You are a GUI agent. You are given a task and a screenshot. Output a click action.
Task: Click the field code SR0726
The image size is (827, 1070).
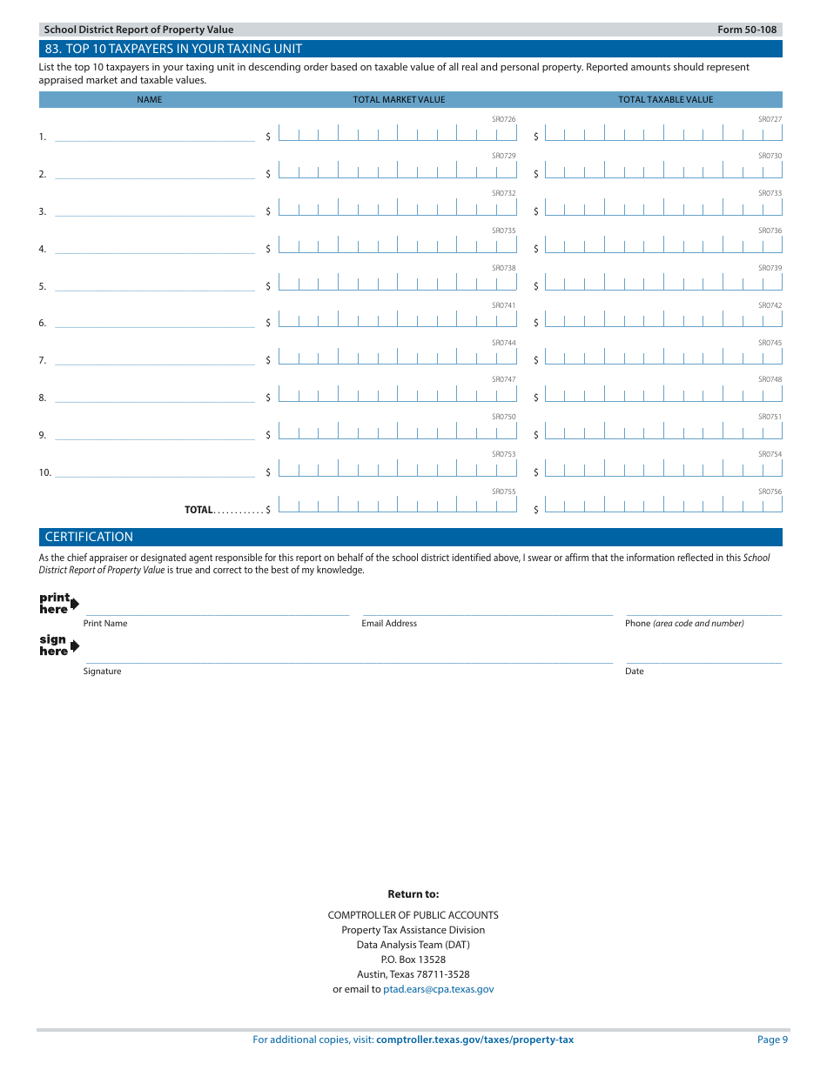click(x=503, y=119)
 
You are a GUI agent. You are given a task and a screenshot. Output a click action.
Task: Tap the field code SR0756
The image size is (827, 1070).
click(x=770, y=492)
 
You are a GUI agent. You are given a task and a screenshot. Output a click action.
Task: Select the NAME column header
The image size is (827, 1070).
click(x=150, y=99)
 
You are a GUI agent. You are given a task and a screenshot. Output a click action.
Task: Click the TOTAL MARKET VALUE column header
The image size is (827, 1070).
click(x=399, y=99)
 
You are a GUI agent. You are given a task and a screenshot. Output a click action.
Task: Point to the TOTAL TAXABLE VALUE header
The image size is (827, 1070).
click(x=665, y=99)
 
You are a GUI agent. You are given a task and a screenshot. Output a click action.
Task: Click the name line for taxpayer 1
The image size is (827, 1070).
click(x=155, y=136)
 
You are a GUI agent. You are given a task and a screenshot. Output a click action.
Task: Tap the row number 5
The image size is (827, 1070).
click(x=42, y=286)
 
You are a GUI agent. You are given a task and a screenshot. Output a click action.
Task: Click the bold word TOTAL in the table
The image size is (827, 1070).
click(x=198, y=510)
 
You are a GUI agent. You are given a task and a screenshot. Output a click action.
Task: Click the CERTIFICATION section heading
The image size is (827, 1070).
click(x=90, y=537)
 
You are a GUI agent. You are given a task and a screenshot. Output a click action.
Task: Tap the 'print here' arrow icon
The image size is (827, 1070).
click(x=74, y=604)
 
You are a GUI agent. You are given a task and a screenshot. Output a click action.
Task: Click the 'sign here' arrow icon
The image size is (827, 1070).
click(x=74, y=645)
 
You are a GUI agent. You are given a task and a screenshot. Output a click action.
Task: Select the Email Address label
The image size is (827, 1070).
click(x=389, y=623)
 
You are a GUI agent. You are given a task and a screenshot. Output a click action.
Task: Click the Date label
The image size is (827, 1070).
click(x=635, y=671)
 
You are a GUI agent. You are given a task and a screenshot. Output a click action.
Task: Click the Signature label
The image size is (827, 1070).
click(x=103, y=671)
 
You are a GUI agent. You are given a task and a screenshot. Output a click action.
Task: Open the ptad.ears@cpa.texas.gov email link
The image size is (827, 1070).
click(x=438, y=989)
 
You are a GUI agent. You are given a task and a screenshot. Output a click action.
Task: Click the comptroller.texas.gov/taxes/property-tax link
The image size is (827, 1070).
click(x=474, y=1040)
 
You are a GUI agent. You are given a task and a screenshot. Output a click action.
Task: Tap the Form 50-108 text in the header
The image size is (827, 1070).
click(x=747, y=30)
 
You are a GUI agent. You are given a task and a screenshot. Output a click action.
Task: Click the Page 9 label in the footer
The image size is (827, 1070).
click(x=772, y=1040)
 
